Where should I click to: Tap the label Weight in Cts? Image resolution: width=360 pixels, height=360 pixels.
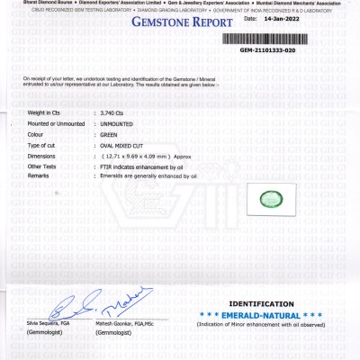pos(44,112)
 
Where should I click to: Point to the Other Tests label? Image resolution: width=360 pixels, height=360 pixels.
pos(40,166)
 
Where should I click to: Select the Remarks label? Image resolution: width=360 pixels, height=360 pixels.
pos(38,176)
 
